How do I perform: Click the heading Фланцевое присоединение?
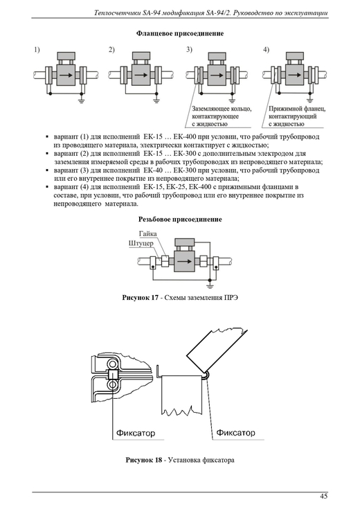pyautogui.click(x=180, y=33)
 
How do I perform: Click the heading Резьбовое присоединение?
pyautogui.click(x=180, y=220)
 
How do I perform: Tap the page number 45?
pyautogui.click(x=323, y=496)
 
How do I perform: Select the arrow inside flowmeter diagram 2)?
pyautogui.click(x=141, y=75)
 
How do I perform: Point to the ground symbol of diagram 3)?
pyautogui.click(x=232, y=100)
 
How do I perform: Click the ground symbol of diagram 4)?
pyautogui.click(x=309, y=100)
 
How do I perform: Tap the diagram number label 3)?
pyautogui.click(x=189, y=50)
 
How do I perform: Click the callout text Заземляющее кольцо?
pyautogui.click(x=222, y=109)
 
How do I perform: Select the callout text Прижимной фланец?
pyautogui.click(x=297, y=109)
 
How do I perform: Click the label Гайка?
pyautogui.click(x=147, y=234)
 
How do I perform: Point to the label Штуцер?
pyautogui.click(x=141, y=243)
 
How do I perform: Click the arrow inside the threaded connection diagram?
pyautogui.click(x=184, y=261)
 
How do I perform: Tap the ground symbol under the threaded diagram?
pyautogui.click(x=210, y=286)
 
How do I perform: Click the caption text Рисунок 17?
pyautogui.click(x=140, y=298)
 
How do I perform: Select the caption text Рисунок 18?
pyautogui.click(x=143, y=460)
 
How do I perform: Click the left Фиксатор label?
pyautogui.click(x=136, y=433)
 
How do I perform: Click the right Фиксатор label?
pyautogui.click(x=235, y=433)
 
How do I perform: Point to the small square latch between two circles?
pyautogui.click(x=113, y=375)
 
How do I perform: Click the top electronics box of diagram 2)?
pyautogui.click(x=141, y=55)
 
